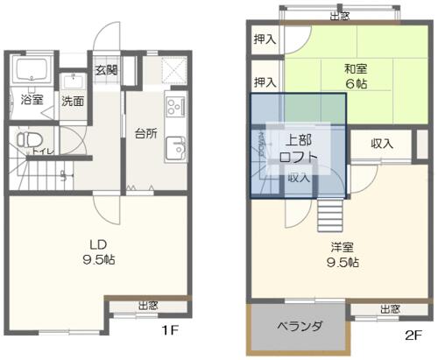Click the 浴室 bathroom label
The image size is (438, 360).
31,101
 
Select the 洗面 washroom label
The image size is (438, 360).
73,101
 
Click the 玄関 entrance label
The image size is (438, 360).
106,71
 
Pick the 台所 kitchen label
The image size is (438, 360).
145,134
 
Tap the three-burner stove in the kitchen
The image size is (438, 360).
173,108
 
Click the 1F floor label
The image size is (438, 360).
170,331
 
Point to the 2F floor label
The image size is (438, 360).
413,334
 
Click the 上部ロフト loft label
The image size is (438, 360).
298,149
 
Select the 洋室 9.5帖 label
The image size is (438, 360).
340,254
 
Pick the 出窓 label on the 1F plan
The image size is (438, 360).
148,306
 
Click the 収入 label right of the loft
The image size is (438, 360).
381,144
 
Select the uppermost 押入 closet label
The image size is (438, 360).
265,39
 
